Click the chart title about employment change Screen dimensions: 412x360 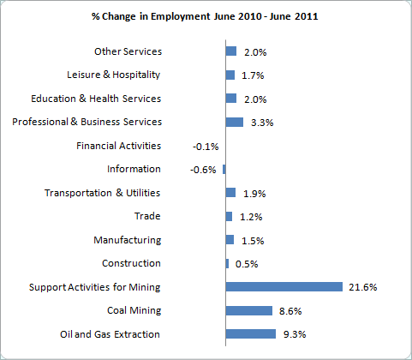(205, 16)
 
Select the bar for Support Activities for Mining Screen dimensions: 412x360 (284, 287)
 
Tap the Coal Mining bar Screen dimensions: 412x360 (249, 310)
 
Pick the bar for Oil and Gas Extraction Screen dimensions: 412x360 (251, 334)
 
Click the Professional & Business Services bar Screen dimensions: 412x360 (235, 122)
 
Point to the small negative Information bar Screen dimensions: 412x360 (224, 169)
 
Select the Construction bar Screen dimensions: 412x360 (227, 263)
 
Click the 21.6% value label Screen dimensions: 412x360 (363, 287)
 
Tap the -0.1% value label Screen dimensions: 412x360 (206, 147)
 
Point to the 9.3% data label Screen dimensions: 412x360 (295, 334)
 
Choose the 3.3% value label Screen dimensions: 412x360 (262, 123)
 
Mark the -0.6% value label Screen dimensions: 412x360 (203, 170)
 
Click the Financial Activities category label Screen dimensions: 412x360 (118, 146)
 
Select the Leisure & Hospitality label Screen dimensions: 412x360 (114, 75)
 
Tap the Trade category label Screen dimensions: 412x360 (147, 216)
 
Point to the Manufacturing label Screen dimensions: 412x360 (128, 240)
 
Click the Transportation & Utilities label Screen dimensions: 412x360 (102, 193)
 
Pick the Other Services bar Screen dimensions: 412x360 (231, 51)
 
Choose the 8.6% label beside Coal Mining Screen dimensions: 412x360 (290, 311)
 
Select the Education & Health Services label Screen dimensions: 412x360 (96, 99)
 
